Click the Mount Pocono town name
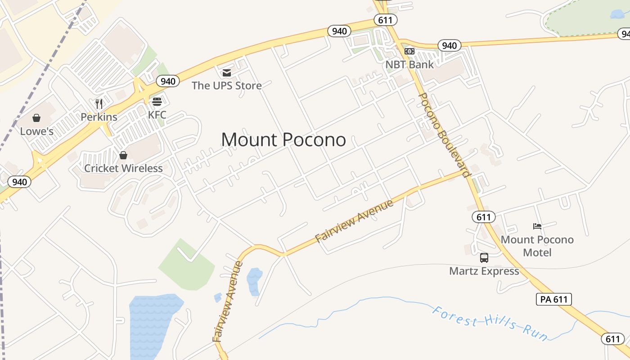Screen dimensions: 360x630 pos(283,140)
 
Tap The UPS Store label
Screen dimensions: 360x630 pos(226,85)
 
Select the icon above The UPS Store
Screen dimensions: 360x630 pos(226,72)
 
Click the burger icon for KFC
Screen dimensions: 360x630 pos(157,101)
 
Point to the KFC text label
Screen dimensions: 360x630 pos(157,115)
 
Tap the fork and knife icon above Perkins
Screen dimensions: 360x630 pos(99,104)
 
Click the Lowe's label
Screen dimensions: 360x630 pos(37,131)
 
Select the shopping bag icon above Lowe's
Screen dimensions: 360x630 pos(36,118)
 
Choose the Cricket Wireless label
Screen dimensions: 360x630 pos(123,168)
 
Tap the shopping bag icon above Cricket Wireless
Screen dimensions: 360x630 pos(123,155)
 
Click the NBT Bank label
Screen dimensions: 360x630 pos(409,64)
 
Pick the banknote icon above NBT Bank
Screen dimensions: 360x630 pos(409,51)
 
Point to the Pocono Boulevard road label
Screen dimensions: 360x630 pos(444,135)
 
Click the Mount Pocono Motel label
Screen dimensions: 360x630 pos(537,246)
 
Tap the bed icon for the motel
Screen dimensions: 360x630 pos(537,226)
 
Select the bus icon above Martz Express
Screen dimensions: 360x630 pos(484,258)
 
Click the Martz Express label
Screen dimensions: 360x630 pos(484,271)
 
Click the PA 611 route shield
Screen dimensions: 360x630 pos(553,299)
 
